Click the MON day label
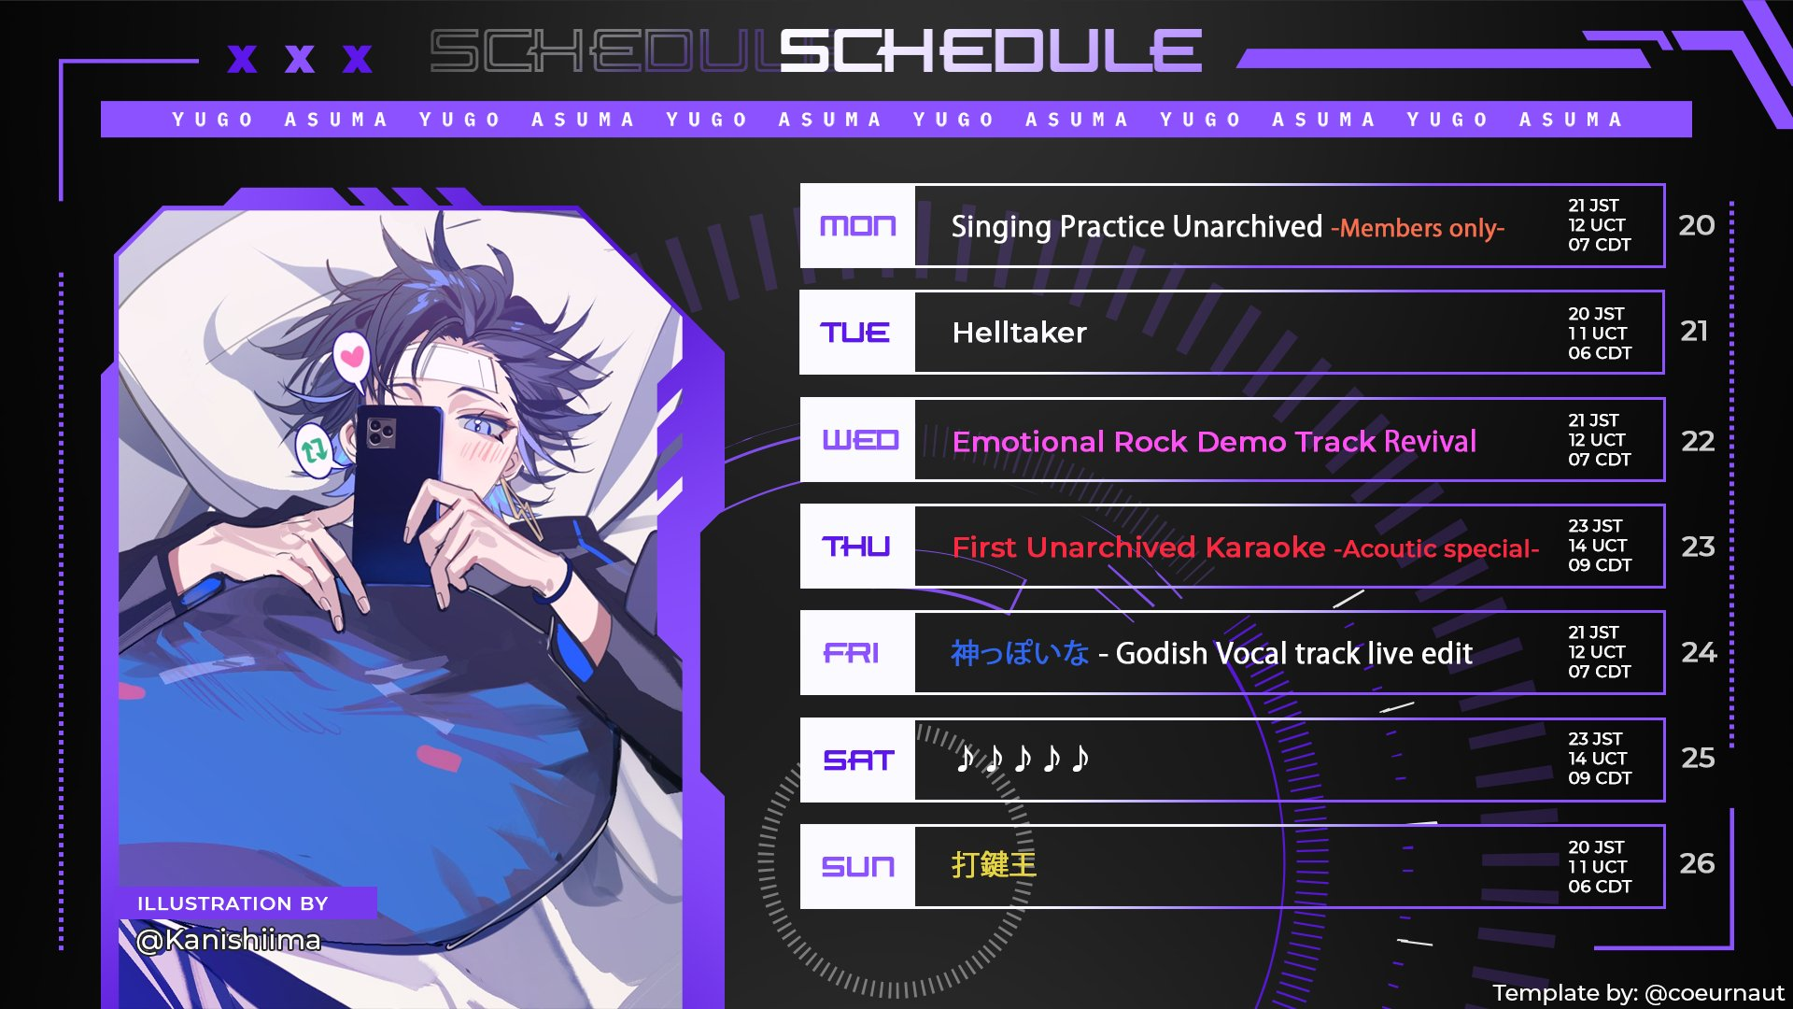tap(857, 226)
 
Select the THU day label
tap(856, 547)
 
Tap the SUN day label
tap(857, 867)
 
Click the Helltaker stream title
tap(1019, 333)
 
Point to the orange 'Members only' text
tap(1418, 228)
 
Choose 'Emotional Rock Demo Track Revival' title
tap(1214, 441)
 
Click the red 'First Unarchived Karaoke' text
tap(1138, 547)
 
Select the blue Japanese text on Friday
tap(1020, 652)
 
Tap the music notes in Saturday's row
tap(1023, 758)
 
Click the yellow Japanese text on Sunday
tap(994, 864)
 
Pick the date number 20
tap(1696, 225)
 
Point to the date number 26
tap(1697, 863)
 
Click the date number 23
tap(1698, 547)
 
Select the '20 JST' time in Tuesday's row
tap(1596, 314)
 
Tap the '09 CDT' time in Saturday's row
tap(1600, 778)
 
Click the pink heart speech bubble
tap(352, 360)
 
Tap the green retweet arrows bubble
tap(314, 450)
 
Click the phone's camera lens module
tap(381, 433)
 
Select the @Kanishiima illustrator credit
tap(228, 940)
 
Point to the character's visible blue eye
tap(480, 426)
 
